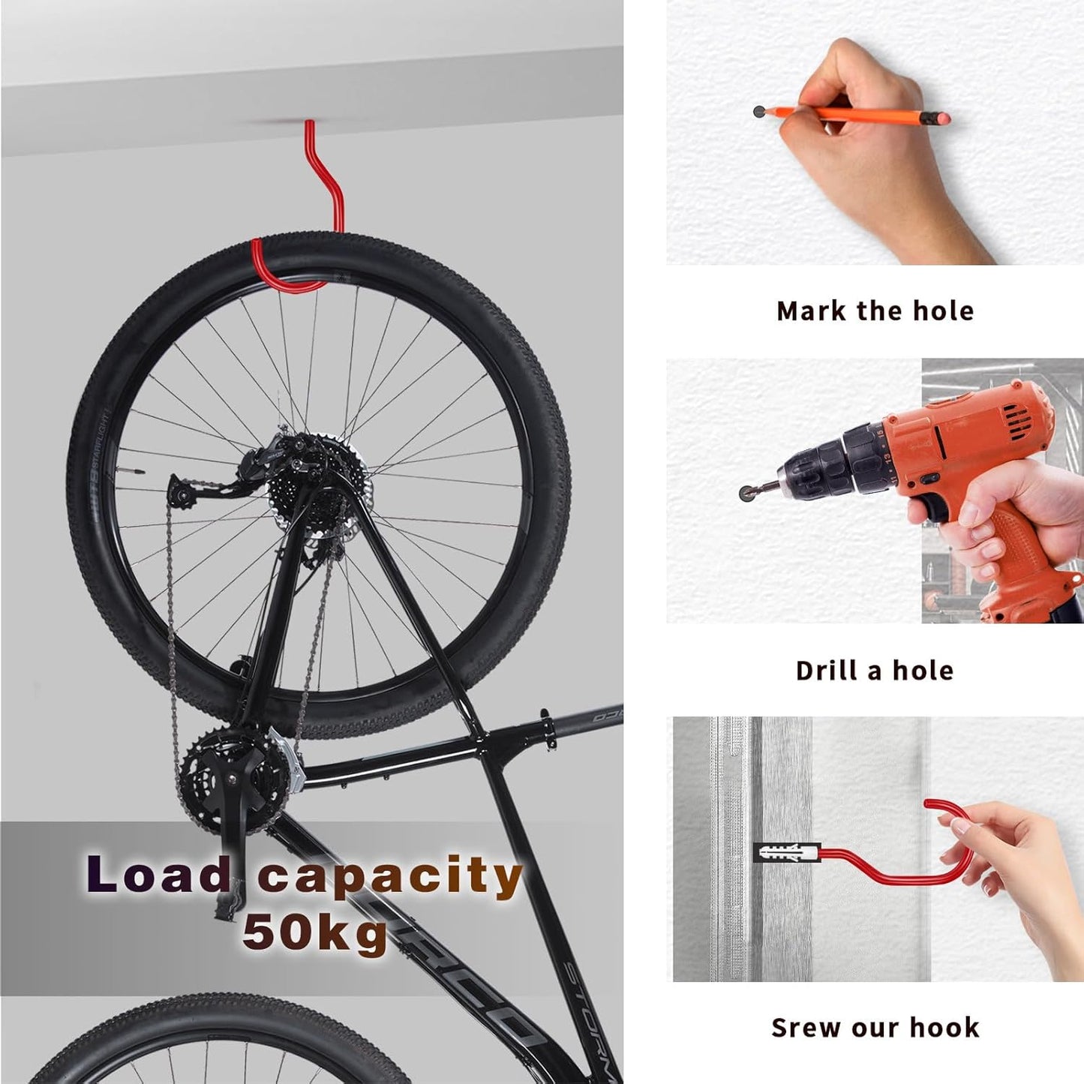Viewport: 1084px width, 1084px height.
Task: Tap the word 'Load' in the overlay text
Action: [158, 875]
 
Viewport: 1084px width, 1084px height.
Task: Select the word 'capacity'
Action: [390, 878]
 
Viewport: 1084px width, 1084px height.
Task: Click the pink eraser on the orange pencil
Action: [941, 118]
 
